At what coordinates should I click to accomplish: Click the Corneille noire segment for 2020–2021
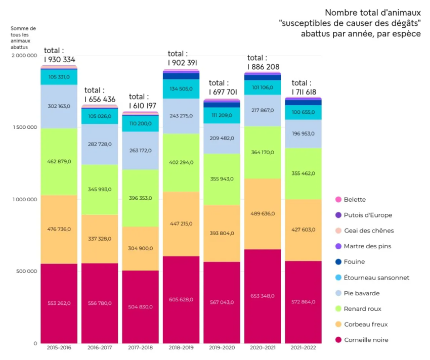pyautogui.click(x=262, y=296)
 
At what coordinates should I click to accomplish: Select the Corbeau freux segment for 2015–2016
pyautogui.click(x=59, y=229)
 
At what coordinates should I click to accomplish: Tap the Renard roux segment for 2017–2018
pyautogui.click(x=140, y=198)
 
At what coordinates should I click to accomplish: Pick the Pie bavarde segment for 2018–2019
pyautogui.click(x=181, y=116)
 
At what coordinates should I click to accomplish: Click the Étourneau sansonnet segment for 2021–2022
pyautogui.click(x=303, y=112)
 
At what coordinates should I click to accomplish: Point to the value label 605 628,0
pyautogui.click(x=181, y=299)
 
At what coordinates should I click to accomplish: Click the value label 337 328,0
pyautogui.click(x=99, y=239)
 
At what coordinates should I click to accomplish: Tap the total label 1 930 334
pyautogui.click(x=59, y=59)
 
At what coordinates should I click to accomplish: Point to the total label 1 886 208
pyautogui.click(x=263, y=67)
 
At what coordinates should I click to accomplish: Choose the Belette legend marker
pyautogui.click(x=338, y=200)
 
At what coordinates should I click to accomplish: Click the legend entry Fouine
pyautogui.click(x=354, y=262)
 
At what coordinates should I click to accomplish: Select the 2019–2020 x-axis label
pyautogui.click(x=222, y=348)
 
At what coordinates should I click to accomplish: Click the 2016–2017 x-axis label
pyautogui.click(x=99, y=348)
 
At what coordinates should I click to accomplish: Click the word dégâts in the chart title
pyautogui.click(x=404, y=23)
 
